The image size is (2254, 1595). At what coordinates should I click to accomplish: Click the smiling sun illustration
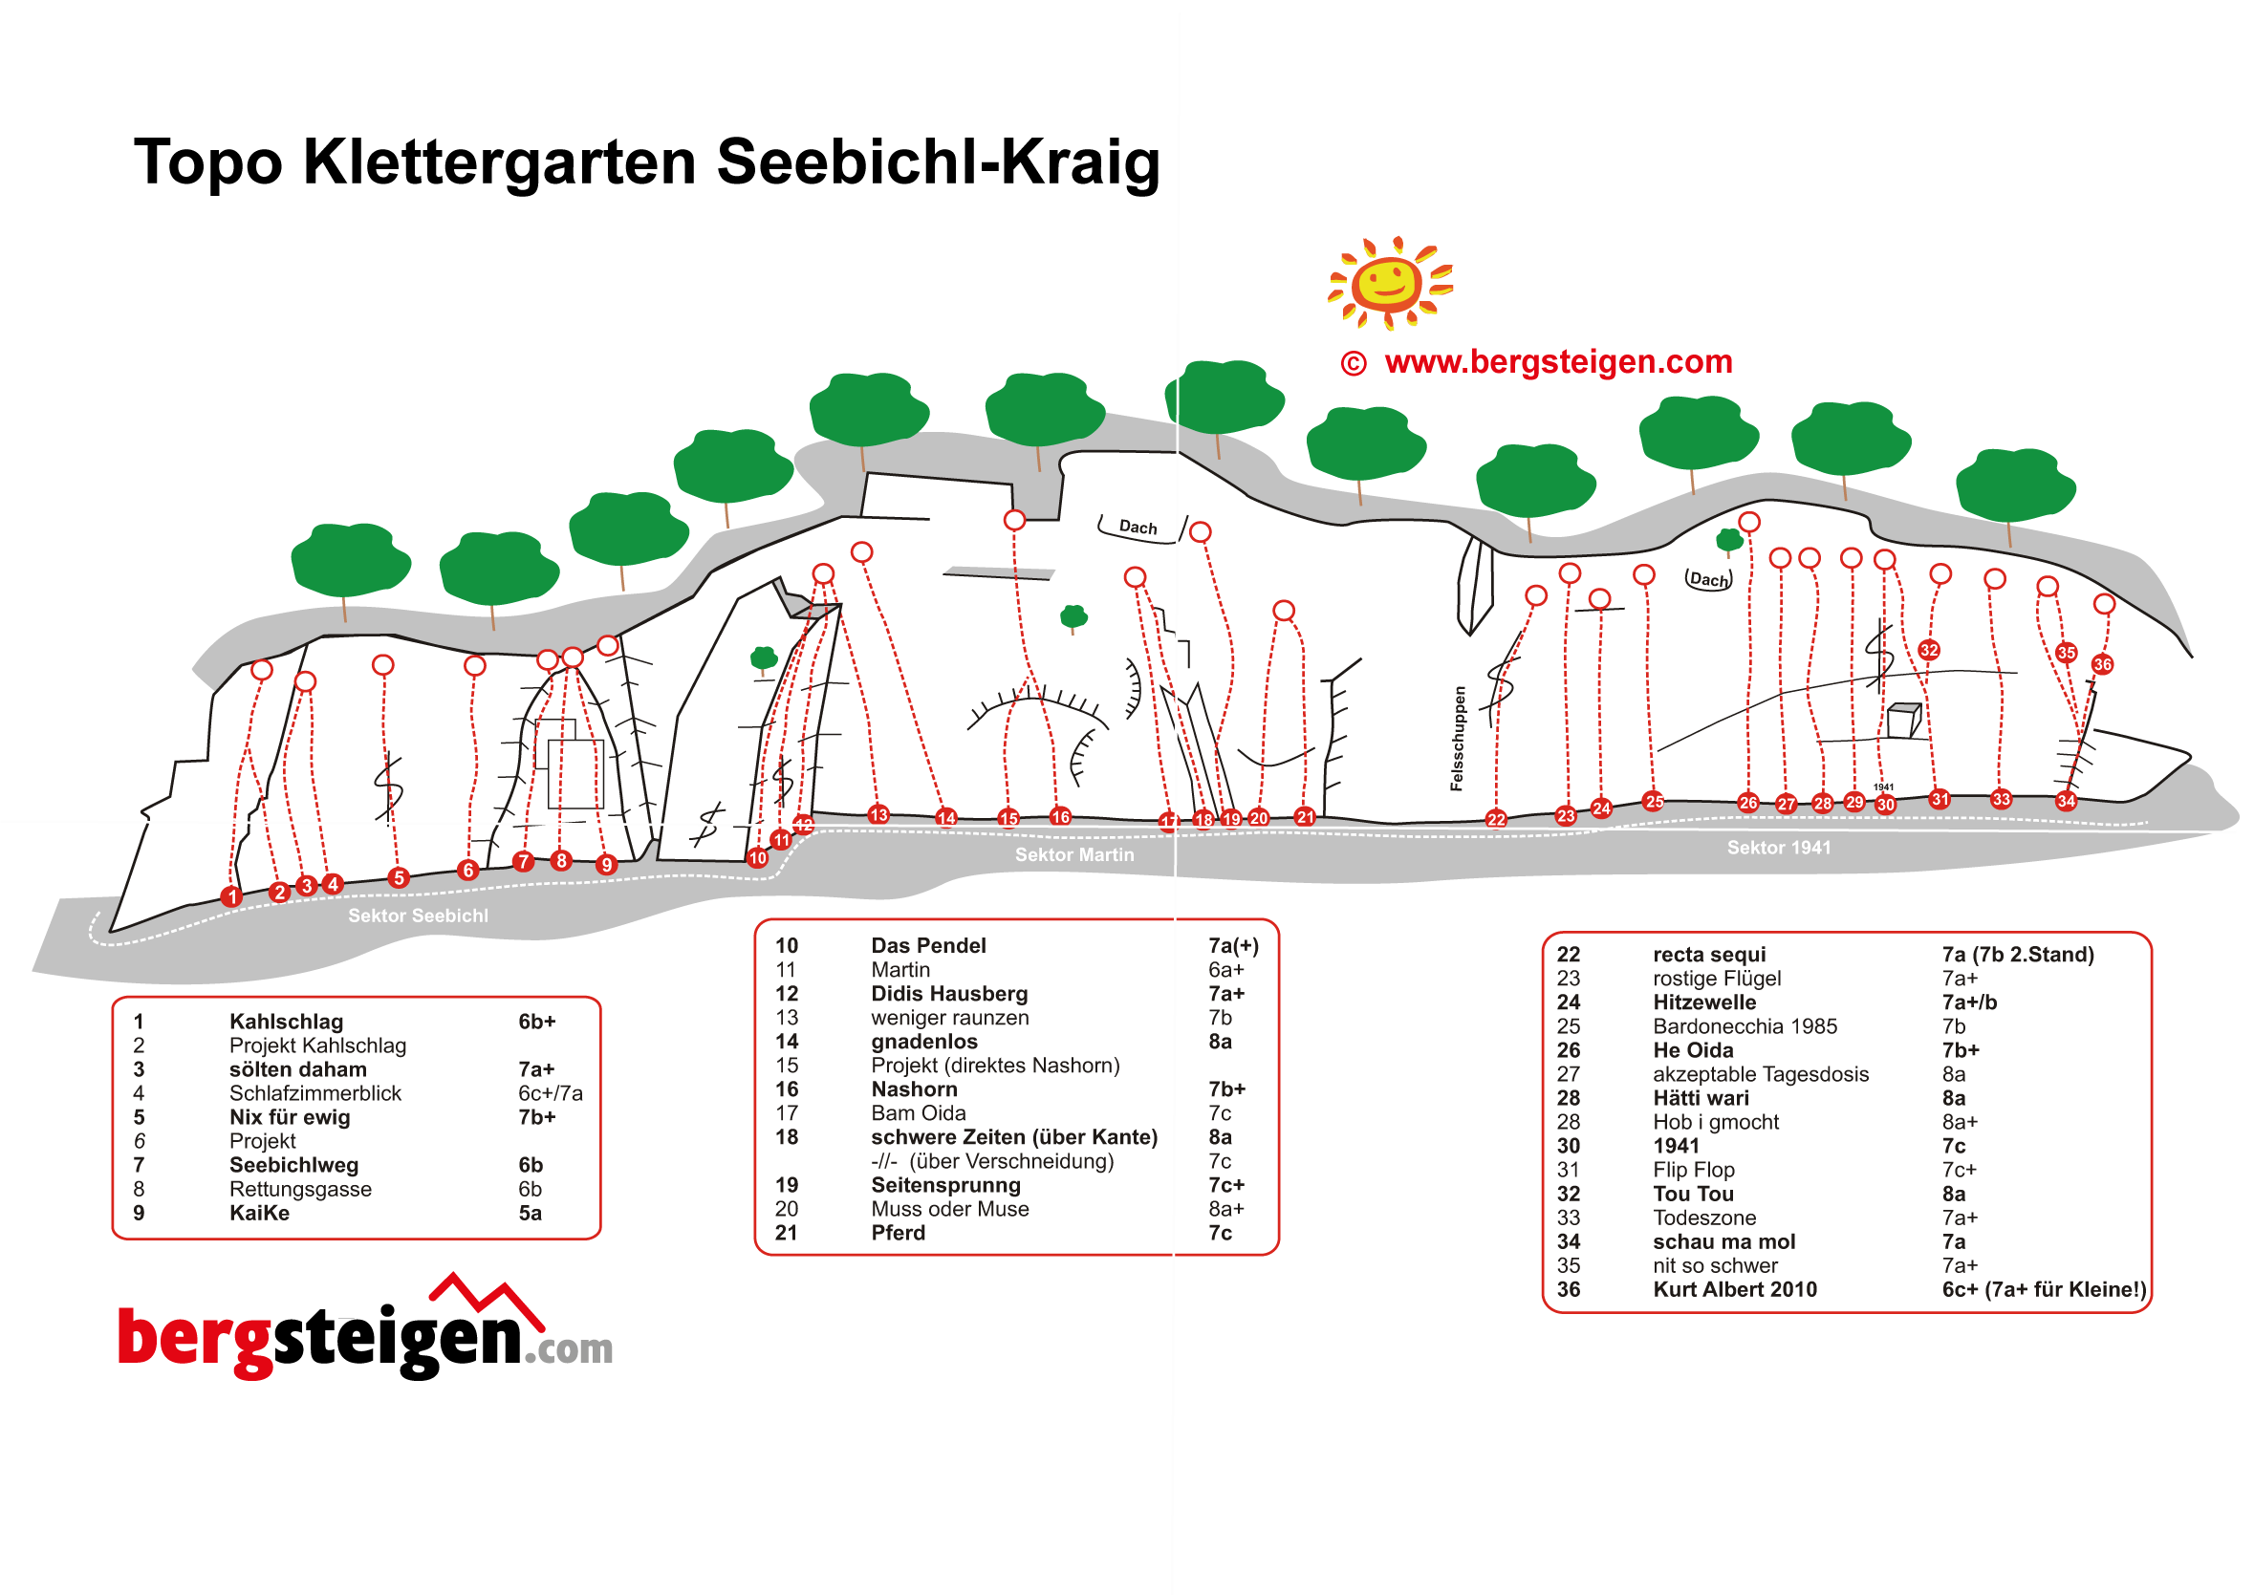(x=1389, y=283)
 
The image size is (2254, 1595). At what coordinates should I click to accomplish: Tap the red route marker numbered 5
(x=398, y=877)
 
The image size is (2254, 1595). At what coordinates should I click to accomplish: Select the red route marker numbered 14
(x=945, y=817)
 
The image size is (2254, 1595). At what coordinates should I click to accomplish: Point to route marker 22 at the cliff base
(x=1495, y=819)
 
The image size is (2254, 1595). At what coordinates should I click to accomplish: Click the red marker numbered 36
(x=2102, y=664)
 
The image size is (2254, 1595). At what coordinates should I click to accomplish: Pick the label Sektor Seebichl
(x=418, y=916)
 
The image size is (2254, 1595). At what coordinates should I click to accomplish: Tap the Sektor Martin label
(x=1073, y=854)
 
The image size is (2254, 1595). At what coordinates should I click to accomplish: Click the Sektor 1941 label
(x=1778, y=848)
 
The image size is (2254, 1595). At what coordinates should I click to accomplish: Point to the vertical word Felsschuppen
(x=1458, y=738)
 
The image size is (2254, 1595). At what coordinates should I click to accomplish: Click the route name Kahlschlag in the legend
(x=286, y=1022)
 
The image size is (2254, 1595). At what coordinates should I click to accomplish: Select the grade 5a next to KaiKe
(x=530, y=1213)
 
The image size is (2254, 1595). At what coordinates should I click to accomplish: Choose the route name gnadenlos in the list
(x=923, y=1041)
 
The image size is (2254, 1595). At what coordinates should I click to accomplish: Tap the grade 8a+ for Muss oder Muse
(x=1225, y=1209)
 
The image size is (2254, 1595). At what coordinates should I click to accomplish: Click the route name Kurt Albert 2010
(x=1734, y=1289)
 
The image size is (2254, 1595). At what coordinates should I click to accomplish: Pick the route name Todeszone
(x=1704, y=1218)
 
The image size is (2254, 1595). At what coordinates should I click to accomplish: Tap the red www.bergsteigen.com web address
(x=1558, y=361)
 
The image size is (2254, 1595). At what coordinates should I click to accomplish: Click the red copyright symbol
(x=1353, y=363)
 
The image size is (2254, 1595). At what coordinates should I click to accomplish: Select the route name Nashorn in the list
(x=914, y=1089)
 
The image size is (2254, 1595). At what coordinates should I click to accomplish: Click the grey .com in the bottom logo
(x=569, y=1349)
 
